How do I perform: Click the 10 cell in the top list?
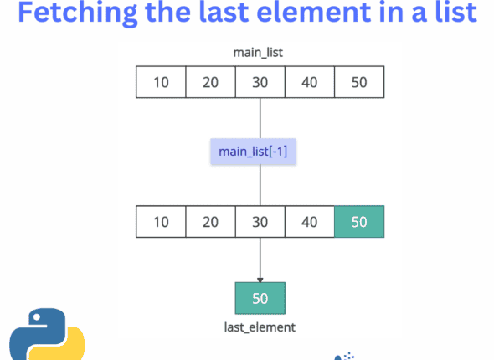pos(160,82)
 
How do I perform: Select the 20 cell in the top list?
pos(210,82)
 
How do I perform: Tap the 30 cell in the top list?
pos(260,82)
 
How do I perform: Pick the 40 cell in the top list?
pos(310,82)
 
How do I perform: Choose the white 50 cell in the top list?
pos(359,82)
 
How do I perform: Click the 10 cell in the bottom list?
pos(160,222)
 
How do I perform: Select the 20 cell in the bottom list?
pos(210,222)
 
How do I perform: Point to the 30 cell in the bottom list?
pos(260,222)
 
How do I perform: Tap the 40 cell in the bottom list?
pos(310,222)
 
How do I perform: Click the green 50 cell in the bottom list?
pos(359,222)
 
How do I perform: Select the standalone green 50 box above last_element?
pos(260,298)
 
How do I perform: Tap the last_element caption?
pos(260,327)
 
